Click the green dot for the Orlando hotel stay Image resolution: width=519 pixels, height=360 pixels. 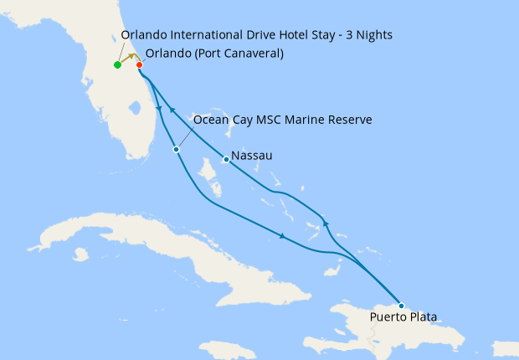pyautogui.click(x=117, y=65)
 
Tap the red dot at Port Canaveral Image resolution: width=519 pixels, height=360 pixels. pyautogui.click(x=139, y=64)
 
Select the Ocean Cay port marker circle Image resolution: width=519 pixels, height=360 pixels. pyautogui.click(x=176, y=150)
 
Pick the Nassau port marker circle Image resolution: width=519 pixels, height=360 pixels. pyautogui.click(x=226, y=159)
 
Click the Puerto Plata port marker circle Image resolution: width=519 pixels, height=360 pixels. pyautogui.click(x=401, y=306)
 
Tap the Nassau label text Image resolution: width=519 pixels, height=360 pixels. pyautogui.click(x=251, y=156)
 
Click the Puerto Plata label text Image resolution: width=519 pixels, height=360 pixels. pyautogui.click(x=403, y=318)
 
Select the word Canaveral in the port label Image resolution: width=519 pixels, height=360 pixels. pyautogui.click(x=251, y=54)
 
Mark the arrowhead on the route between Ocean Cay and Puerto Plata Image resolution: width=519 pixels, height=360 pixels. pyautogui.click(x=283, y=238)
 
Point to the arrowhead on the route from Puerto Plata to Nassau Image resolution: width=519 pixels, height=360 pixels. pyautogui.click(x=325, y=224)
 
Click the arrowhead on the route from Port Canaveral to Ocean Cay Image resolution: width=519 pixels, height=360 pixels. pyautogui.click(x=157, y=107)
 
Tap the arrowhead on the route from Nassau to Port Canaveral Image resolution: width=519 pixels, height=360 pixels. pyautogui.click(x=172, y=110)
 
